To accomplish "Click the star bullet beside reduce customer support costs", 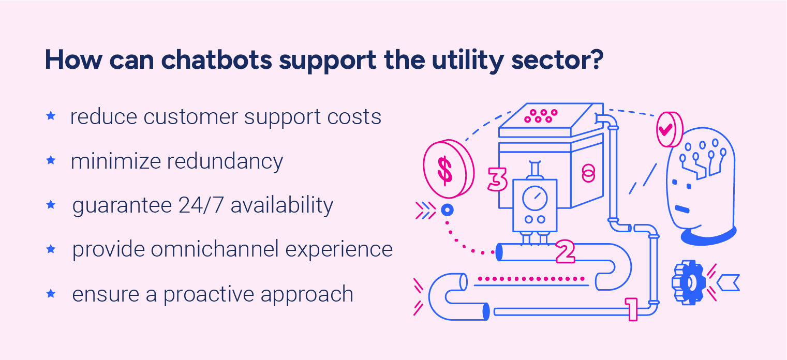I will click(51, 116).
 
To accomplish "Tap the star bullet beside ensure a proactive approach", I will click(51, 294).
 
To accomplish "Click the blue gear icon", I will click(688, 282).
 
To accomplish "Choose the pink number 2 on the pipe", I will click(565, 251).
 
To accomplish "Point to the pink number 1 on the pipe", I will click(632, 309).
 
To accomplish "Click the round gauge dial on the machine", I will click(534, 198).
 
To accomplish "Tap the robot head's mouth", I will click(682, 209).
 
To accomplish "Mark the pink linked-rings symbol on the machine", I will click(587, 173).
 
